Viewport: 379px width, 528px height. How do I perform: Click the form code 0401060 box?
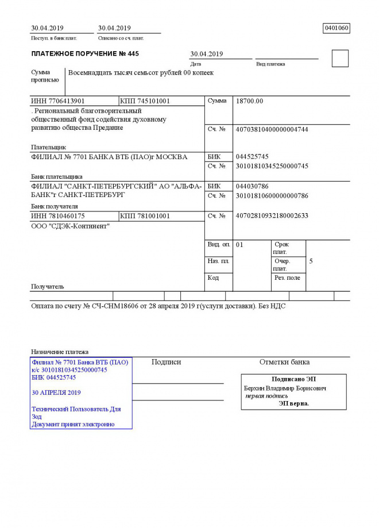coord(337,28)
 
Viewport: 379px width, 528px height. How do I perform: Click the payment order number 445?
coord(133,54)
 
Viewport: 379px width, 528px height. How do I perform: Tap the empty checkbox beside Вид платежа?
coord(340,59)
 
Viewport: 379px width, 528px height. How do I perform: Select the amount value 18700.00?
coord(249,101)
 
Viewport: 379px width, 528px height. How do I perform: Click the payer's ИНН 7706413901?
coord(58,101)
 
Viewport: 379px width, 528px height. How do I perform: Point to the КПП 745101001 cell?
coord(145,101)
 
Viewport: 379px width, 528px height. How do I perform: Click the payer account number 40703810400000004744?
coord(272,129)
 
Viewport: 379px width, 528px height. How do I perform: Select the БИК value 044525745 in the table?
coord(252,157)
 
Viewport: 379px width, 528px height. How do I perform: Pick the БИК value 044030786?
coord(252,186)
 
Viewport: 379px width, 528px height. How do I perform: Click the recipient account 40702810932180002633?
coord(272,216)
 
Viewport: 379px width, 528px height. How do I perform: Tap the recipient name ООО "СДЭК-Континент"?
coord(71,226)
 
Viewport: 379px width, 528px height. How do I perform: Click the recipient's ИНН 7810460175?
coord(58,216)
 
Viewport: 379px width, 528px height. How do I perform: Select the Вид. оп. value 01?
coord(239,245)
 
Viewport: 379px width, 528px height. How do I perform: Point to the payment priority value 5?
coord(311,261)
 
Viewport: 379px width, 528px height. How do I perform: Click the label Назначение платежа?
coord(60,352)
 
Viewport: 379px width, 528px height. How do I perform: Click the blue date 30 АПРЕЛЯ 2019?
coord(56,393)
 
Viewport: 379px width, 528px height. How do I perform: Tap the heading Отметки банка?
coord(284,362)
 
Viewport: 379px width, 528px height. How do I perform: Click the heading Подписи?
coord(166,362)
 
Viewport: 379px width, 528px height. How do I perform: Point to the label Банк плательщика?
coord(56,176)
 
